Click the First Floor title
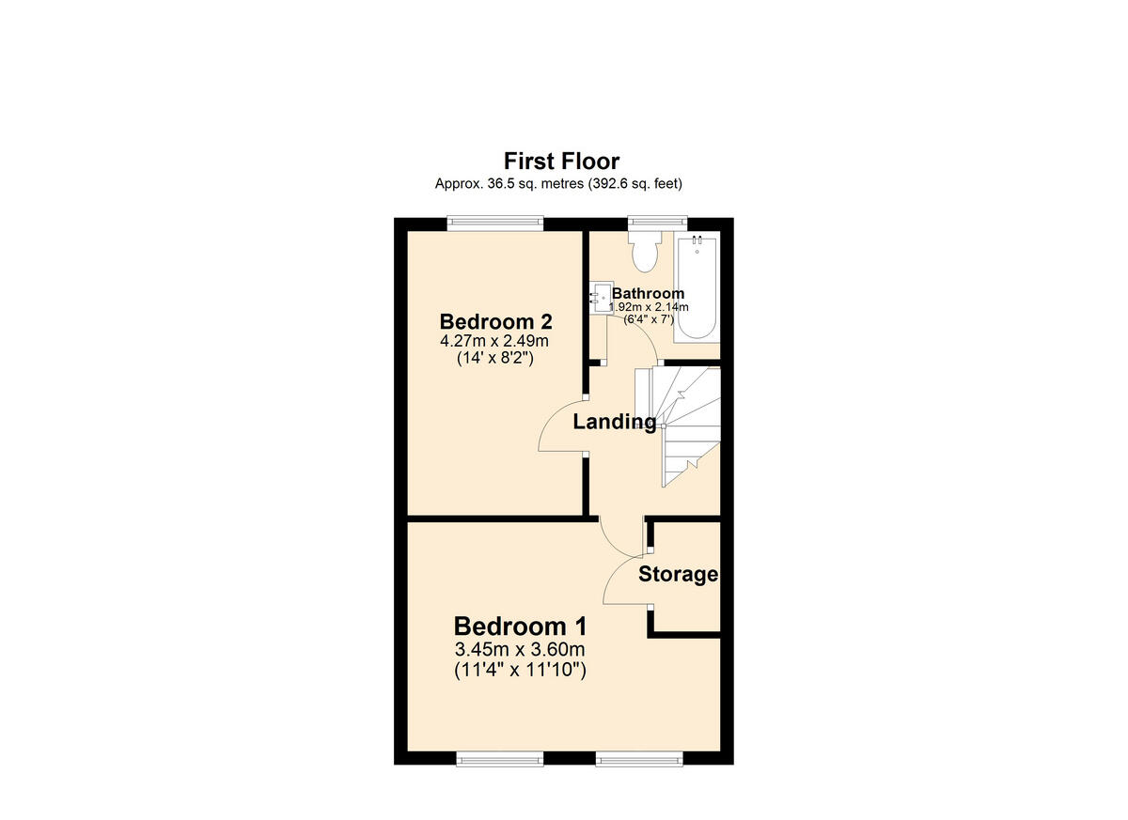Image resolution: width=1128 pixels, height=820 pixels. click(561, 161)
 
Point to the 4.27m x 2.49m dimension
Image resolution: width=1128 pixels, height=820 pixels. click(494, 339)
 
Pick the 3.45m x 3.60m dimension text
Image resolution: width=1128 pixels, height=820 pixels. click(520, 650)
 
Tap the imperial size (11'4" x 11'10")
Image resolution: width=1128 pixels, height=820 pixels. click(520, 670)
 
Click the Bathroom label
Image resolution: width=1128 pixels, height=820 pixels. click(649, 293)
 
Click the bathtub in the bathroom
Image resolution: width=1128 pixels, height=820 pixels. click(697, 286)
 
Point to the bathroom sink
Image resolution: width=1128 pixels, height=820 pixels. click(599, 299)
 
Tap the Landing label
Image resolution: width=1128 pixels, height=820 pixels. click(615, 423)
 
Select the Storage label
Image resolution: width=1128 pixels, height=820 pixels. click(678, 574)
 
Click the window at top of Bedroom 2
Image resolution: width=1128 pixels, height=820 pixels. click(495, 223)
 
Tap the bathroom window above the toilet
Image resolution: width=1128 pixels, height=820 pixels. click(657, 223)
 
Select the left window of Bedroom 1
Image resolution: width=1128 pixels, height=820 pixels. click(498, 757)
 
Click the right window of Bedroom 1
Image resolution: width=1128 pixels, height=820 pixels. click(638, 757)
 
